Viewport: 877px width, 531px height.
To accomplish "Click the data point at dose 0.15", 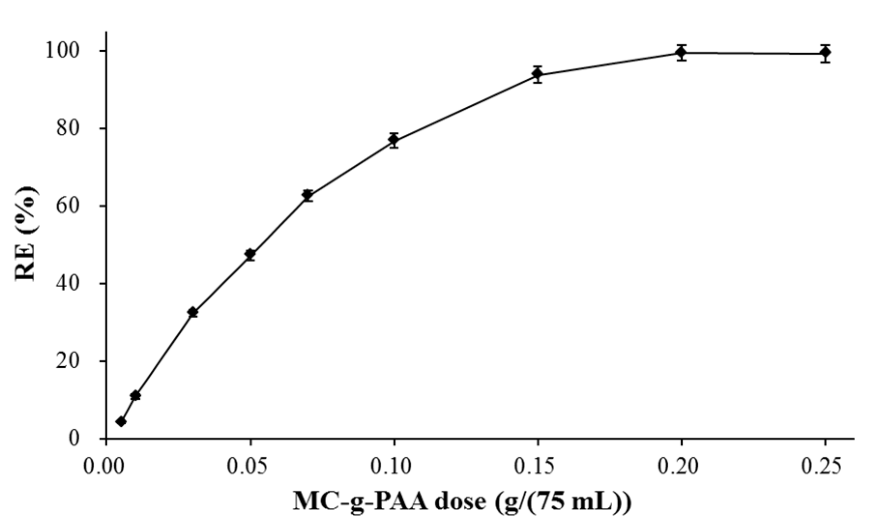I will (537, 74).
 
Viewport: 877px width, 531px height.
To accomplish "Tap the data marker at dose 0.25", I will (825, 53).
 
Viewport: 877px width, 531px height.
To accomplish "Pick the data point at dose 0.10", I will (394, 140).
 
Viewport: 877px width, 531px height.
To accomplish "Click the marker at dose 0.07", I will (307, 195).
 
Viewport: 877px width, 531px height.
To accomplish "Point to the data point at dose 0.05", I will (250, 254).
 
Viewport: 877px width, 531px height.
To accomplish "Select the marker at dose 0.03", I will (192, 312).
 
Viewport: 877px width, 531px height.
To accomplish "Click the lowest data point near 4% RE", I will (121, 422).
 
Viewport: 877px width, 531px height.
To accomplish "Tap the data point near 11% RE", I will (135, 396).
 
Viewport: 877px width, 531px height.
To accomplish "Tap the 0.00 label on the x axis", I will (106, 467).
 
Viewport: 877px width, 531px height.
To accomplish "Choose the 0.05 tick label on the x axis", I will (250, 467).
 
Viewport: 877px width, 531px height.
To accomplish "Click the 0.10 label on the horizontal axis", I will (394, 467).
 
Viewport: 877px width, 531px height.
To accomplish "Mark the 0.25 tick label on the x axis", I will (825, 467).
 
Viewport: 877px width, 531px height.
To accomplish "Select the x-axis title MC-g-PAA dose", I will (461, 503).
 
